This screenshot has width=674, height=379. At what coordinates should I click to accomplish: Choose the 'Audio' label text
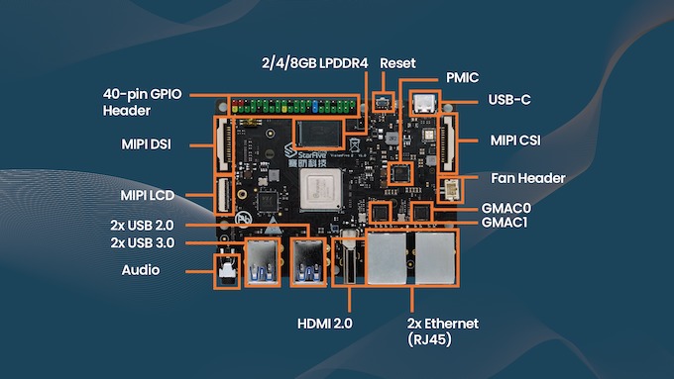pos(143,268)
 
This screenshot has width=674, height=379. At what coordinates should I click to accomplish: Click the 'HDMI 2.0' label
pos(324,324)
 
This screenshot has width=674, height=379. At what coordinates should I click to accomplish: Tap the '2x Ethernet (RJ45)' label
pos(443,331)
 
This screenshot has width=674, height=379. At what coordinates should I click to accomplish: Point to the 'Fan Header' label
pos(528,178)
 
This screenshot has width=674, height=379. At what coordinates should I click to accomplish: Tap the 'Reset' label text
pos(397,61)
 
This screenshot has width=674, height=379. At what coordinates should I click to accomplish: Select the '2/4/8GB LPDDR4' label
pos(308,61)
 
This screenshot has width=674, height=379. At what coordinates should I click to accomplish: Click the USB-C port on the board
pos(425,104)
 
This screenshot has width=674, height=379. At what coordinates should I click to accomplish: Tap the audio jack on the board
pos(227,269)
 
